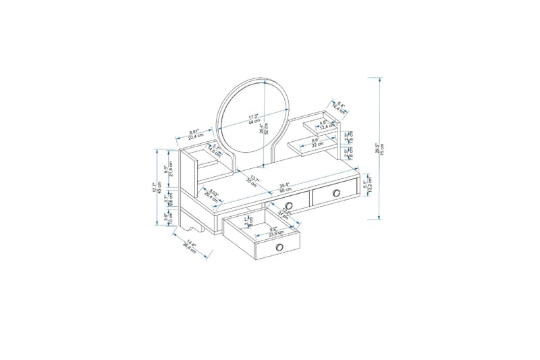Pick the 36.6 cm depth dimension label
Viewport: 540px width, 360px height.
click(190, 247)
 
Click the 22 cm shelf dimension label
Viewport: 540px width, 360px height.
click(315, 143)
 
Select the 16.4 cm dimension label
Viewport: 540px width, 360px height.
click(340, 107)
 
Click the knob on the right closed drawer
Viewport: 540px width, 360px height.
click(335, 193)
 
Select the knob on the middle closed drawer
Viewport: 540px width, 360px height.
click(288, 205)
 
